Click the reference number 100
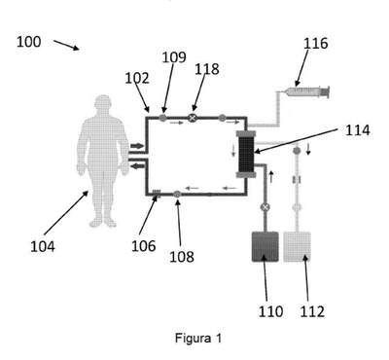tap(29, 42)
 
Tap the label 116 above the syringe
tap(315, 44)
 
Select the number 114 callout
tap(358, 130)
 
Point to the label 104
tap(43, 246)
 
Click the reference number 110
tap(270, 311)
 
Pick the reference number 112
tap(312, 311)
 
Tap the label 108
tap(182, 257)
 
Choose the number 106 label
tap(144, 246)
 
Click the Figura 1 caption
tap(198, 339)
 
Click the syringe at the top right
tap(308, 91)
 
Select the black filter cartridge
tap(246, 155)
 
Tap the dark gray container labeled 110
tap(265, 247)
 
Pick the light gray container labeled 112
tap(297, 247)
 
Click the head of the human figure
tap(104, 103)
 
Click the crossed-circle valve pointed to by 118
tap(193, 118)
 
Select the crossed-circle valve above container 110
tap(265, 207)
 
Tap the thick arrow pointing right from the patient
tap(137, 146)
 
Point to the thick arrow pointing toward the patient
tap(137, 166)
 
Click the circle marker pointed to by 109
tap(163, 118)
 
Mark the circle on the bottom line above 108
tap(177, 195)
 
